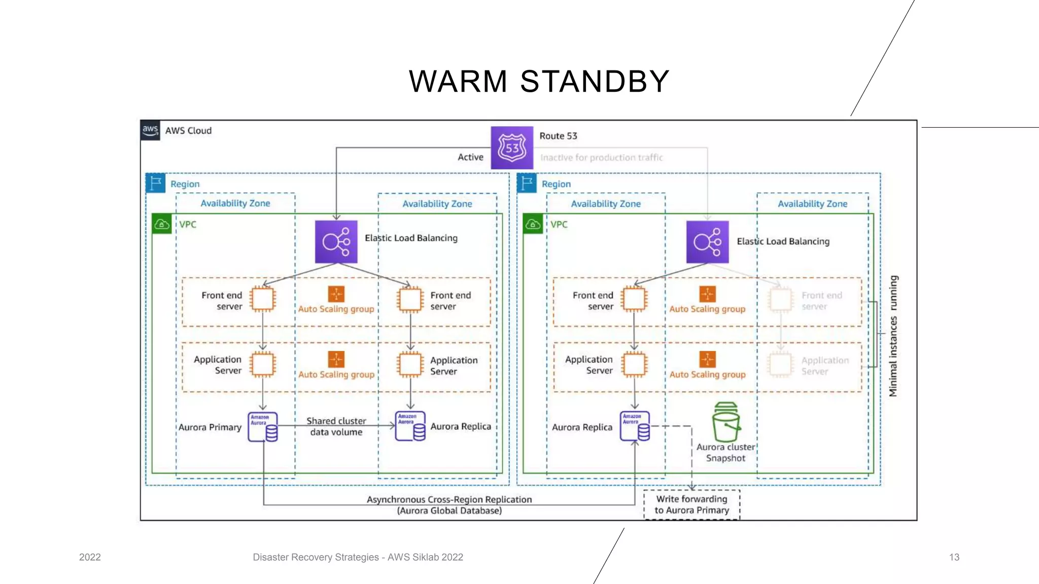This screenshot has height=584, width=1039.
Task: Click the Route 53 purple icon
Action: click(x=512, y=148)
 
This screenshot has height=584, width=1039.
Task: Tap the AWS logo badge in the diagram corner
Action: click(x=150, y=130)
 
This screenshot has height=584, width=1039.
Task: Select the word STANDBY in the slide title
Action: click(x=595, y=81)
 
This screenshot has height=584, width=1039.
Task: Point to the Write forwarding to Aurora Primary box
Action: click(x=691, y=504)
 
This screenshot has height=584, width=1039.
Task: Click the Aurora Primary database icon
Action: click(x=263, y=426)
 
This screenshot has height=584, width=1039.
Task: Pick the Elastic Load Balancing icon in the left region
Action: click(x=336, y=241)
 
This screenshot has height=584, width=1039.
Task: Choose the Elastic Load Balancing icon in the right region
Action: click(x=707, y=242)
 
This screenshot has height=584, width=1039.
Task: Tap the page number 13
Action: click(x=954, y=557)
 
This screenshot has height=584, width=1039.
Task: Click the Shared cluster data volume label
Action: click(x=336, y=426)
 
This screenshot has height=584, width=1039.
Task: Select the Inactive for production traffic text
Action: click(x=601, y=158)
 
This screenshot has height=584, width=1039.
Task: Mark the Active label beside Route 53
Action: click(x=470, y=157)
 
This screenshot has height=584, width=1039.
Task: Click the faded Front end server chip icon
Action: click(x=781, y=300)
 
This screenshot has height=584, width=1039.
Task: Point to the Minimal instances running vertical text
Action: click(x=893, y=336)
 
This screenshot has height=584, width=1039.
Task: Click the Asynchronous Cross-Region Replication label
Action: click(x=449, y=499)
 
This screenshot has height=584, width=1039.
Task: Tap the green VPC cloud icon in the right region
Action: click(x=533, y=224)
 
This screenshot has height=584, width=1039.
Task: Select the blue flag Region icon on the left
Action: click(x=156, y=183)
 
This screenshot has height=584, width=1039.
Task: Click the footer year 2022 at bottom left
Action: click(x=90, y=557)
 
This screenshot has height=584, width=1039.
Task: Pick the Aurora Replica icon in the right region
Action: click(x=634, y=426)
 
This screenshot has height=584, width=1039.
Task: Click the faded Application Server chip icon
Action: click(x=781, y=364)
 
